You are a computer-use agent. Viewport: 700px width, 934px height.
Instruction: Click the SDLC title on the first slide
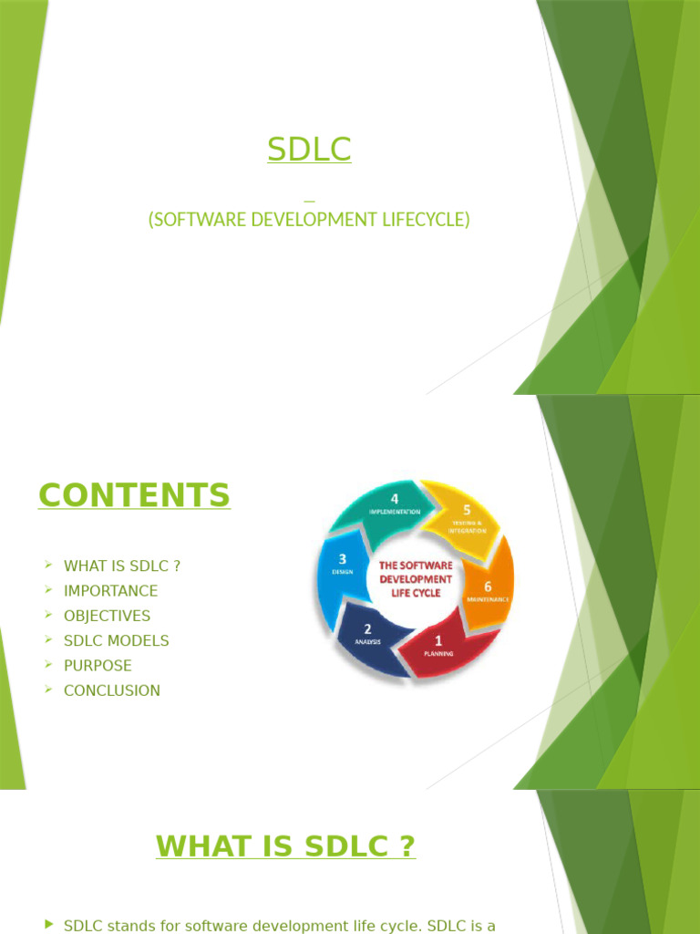(309, 149)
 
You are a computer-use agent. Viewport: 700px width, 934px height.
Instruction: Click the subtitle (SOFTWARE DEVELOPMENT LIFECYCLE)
(309, 220)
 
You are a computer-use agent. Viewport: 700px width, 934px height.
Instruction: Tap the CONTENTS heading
(134, 495)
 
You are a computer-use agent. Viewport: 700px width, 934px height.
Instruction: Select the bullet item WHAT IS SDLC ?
(122, 566)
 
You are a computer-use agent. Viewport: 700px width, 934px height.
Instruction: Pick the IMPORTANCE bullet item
(110, 591)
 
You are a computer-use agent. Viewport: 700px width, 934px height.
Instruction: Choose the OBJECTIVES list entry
(107, 616)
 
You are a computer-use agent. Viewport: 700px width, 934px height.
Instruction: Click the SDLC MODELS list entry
(116, 640)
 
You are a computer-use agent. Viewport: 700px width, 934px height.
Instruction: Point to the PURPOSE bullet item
(98, 666)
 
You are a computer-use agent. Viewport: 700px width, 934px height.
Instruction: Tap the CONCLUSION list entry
(111, 690)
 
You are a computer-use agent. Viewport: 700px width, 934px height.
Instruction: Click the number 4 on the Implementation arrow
(395, 499)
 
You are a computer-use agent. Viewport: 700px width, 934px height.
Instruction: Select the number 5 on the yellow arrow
(467, 511)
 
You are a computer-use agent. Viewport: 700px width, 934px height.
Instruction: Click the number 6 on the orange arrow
(488, 586)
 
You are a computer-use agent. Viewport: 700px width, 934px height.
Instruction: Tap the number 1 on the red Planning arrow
(438, 640)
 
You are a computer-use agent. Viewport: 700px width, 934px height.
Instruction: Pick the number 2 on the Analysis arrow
(367, 628)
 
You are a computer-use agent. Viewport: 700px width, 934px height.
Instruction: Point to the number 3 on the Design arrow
(341, 558)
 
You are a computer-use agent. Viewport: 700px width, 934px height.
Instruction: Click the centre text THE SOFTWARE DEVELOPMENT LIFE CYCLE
(416, 579)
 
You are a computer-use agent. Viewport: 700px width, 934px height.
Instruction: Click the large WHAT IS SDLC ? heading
(285, 846)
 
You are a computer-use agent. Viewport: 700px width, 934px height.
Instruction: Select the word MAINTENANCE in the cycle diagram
(488, 600)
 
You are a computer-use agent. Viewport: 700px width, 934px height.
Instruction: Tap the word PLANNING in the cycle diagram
(438, 653)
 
